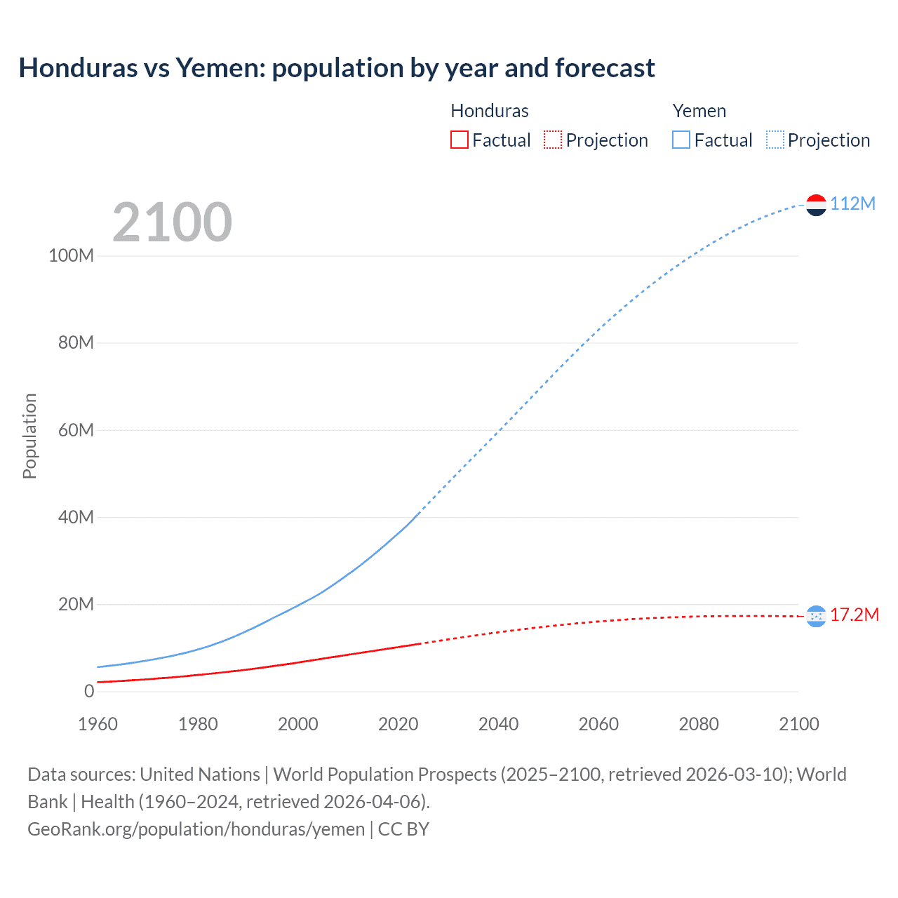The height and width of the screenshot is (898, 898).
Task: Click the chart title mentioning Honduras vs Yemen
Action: (337, 68)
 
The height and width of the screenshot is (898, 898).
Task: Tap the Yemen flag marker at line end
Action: (816, 204)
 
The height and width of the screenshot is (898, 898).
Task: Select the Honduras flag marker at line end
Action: (816, 616)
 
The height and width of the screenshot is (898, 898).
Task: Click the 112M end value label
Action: (852, 203)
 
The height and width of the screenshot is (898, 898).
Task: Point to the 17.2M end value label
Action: (854, 615)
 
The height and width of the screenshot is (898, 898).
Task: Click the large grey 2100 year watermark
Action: (172, 222)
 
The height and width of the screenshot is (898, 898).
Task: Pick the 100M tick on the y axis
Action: (71, 255)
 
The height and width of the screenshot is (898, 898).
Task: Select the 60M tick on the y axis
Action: (75, 430)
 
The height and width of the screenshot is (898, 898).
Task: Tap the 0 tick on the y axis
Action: (89, 691)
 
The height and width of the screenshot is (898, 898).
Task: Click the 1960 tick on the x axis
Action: (98, 724)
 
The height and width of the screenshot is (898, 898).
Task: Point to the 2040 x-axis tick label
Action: (498, 724)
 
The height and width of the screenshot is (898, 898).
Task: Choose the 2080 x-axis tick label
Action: (698, 724)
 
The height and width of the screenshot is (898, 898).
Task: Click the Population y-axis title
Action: (29, 436)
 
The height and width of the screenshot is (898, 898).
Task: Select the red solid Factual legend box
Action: (460, 140)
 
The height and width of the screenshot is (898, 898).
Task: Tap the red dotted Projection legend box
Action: (553, 140)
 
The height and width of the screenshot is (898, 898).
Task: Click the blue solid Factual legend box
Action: (681, 140)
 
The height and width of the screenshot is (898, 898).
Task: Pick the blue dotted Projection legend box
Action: (775, 140)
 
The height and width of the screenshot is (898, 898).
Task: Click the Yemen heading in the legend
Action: (699, 111)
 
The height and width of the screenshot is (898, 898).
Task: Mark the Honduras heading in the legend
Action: (489, 111)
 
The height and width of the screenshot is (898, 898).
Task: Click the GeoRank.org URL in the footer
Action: (196, 829)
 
